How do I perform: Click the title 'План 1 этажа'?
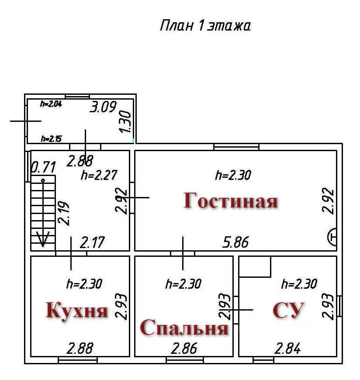205,26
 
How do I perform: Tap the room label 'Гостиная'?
230,201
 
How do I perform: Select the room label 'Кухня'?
77,311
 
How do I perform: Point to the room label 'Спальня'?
184,328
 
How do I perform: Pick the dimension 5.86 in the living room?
235,242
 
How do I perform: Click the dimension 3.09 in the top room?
103,107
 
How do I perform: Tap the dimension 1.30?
125,122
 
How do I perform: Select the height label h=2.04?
51,104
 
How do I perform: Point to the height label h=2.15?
51,139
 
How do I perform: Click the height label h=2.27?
99,175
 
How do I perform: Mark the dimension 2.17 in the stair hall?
93,242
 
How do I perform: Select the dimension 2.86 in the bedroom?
184,349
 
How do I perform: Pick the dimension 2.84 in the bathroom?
287,349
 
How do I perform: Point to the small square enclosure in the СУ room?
255,266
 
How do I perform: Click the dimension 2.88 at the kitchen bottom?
80,349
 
